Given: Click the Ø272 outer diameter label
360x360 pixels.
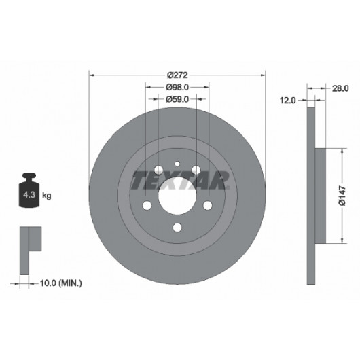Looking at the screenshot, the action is click(x=177, y=75).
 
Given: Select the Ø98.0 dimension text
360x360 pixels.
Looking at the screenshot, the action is click(x=177, y=87).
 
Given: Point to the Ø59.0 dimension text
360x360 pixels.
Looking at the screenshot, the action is click(x=177, y=99).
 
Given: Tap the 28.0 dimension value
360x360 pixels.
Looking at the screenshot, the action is click(x=340, y=88).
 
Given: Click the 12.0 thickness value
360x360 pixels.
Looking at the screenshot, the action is click(x=288, y=101).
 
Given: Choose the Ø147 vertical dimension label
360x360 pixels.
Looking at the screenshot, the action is click(x=342, y=196).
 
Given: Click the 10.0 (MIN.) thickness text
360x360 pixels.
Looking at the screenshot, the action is click(x=61, y=283).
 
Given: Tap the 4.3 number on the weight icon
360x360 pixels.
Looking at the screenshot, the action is click(x=29, y=195).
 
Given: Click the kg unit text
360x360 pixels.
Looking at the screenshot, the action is click(x=47, y=196).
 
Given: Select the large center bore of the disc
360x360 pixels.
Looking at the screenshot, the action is click(x=177, y=196).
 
